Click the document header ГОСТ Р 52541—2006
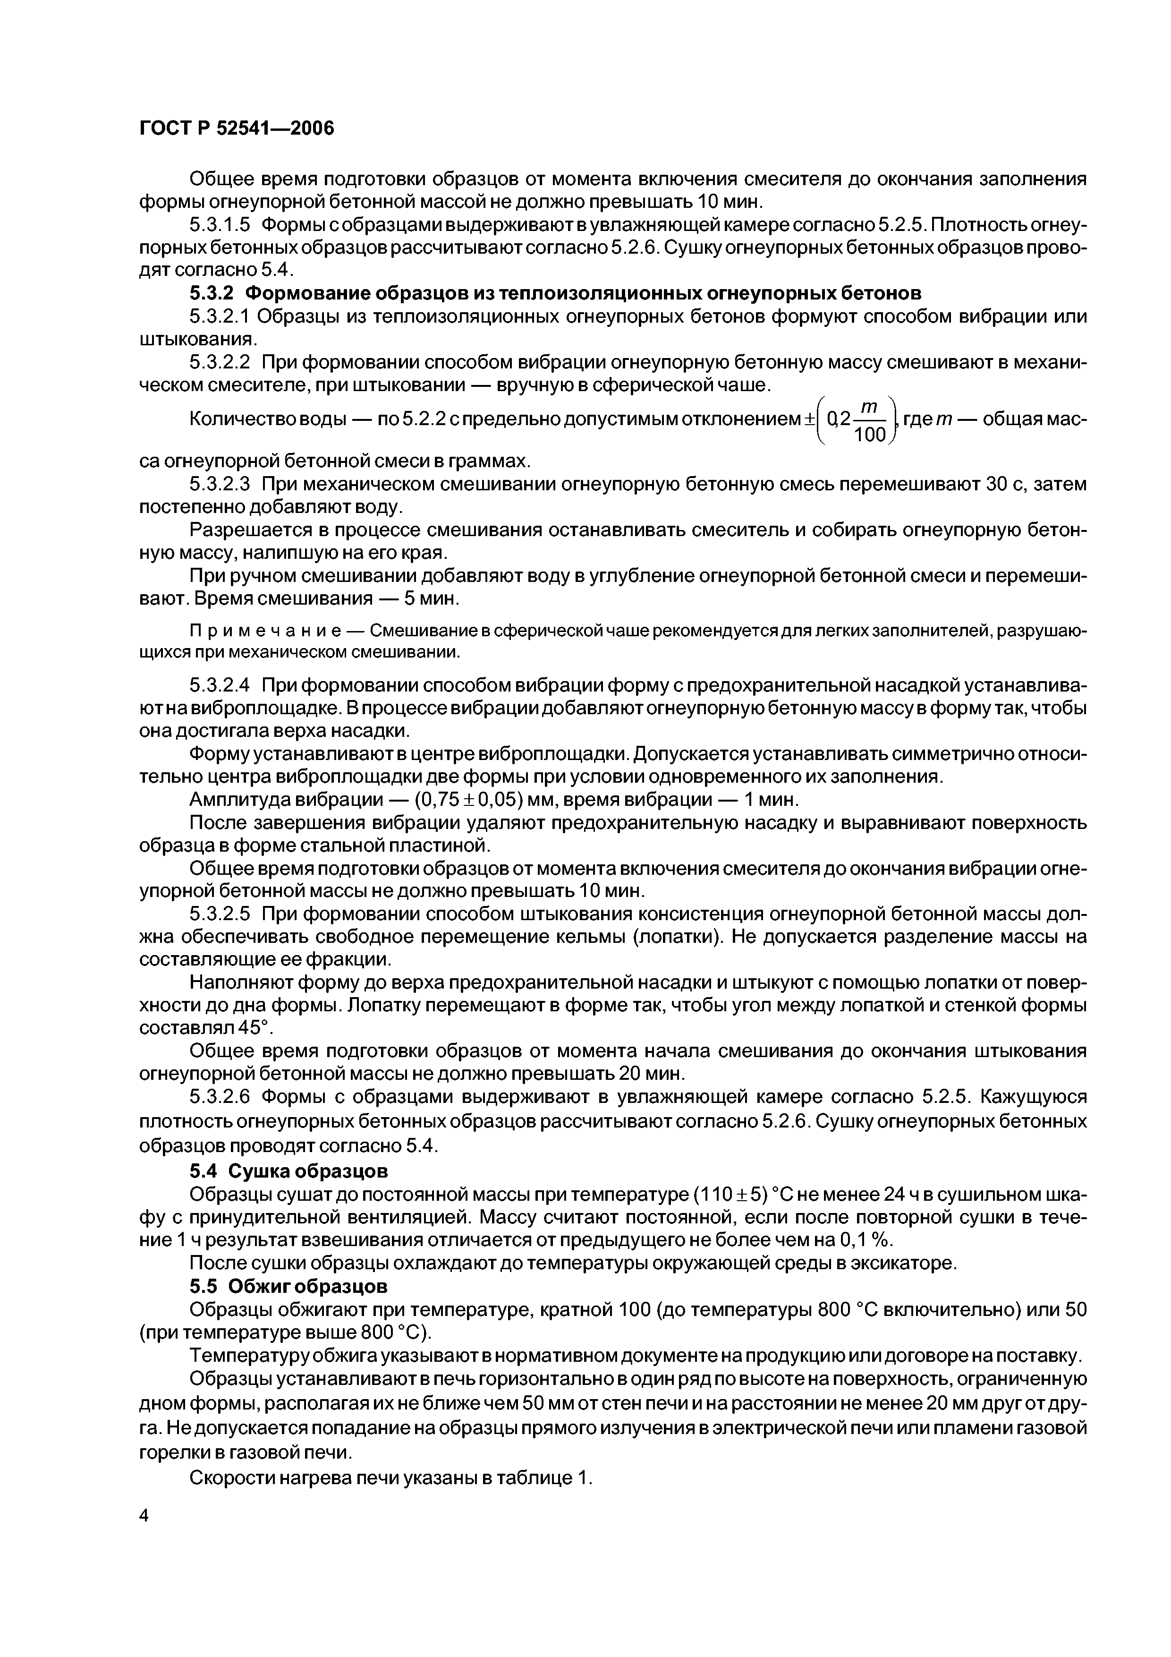tap(237, 128)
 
